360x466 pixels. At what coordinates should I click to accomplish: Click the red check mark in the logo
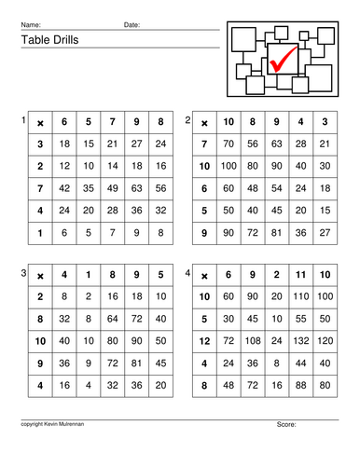coord(283,59)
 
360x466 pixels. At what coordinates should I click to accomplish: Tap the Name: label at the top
coord(31,24)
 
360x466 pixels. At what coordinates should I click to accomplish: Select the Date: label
coord(132,24)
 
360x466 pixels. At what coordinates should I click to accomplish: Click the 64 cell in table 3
coord(113,318)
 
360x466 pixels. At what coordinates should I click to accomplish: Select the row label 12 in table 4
coord(204,340)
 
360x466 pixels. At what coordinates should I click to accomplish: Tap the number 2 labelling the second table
coord(188,121)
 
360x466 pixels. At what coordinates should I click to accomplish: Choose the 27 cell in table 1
coord(137,144)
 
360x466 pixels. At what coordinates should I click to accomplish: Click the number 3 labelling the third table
coord(23,272)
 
